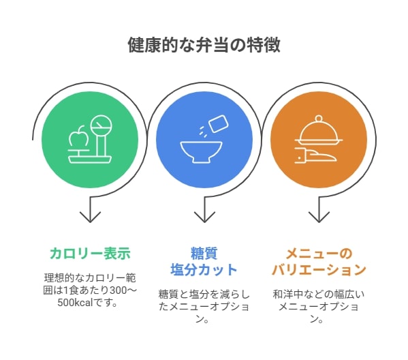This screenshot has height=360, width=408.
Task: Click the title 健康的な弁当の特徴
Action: [x=204, y=45]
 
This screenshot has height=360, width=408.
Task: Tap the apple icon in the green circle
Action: [x=77, y=136]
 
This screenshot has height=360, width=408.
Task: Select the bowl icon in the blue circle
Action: [x=201, y=152]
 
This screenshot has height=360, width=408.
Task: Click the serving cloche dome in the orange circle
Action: [x=319, y=130]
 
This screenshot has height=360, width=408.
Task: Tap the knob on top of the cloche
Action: [x=319, y=119]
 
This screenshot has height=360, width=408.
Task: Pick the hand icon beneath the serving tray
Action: [x=315, y=155]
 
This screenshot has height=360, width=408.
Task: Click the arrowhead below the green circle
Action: [x=90, y=217]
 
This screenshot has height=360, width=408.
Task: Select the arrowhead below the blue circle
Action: [x=204, y=217]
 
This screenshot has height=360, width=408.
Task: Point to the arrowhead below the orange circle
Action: [x=319, y=217]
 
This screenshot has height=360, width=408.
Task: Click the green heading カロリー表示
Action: [x=90, y=254]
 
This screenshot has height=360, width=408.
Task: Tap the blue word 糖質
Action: [x=204, y=254]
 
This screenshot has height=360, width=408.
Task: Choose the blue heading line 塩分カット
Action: [x=204, y=269]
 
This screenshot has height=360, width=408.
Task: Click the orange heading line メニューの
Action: [x=319, y=254]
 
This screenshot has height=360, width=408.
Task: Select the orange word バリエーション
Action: [x=319, y=269]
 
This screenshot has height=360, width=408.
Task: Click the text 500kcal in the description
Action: [x=75, y=303]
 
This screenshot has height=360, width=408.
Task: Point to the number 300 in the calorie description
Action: [x=118, y=290]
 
